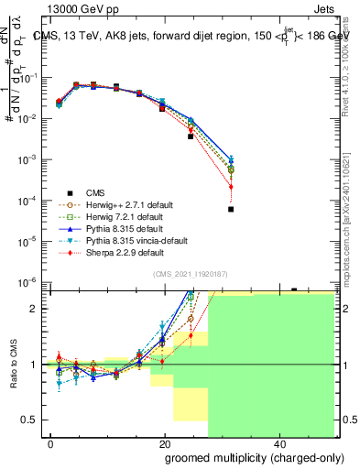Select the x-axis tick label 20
pyautogui.click(x=165, y=442)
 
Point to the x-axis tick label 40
pyautogui.click(x=279, y=442)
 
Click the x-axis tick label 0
pyautogui.click(x=51, y=442)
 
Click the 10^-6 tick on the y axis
pyautogui.click(x=29, y=281)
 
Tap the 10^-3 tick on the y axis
pyautogui.click(x=29, y=159)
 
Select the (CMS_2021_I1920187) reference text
pyautogui.click(x=191, y=274)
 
